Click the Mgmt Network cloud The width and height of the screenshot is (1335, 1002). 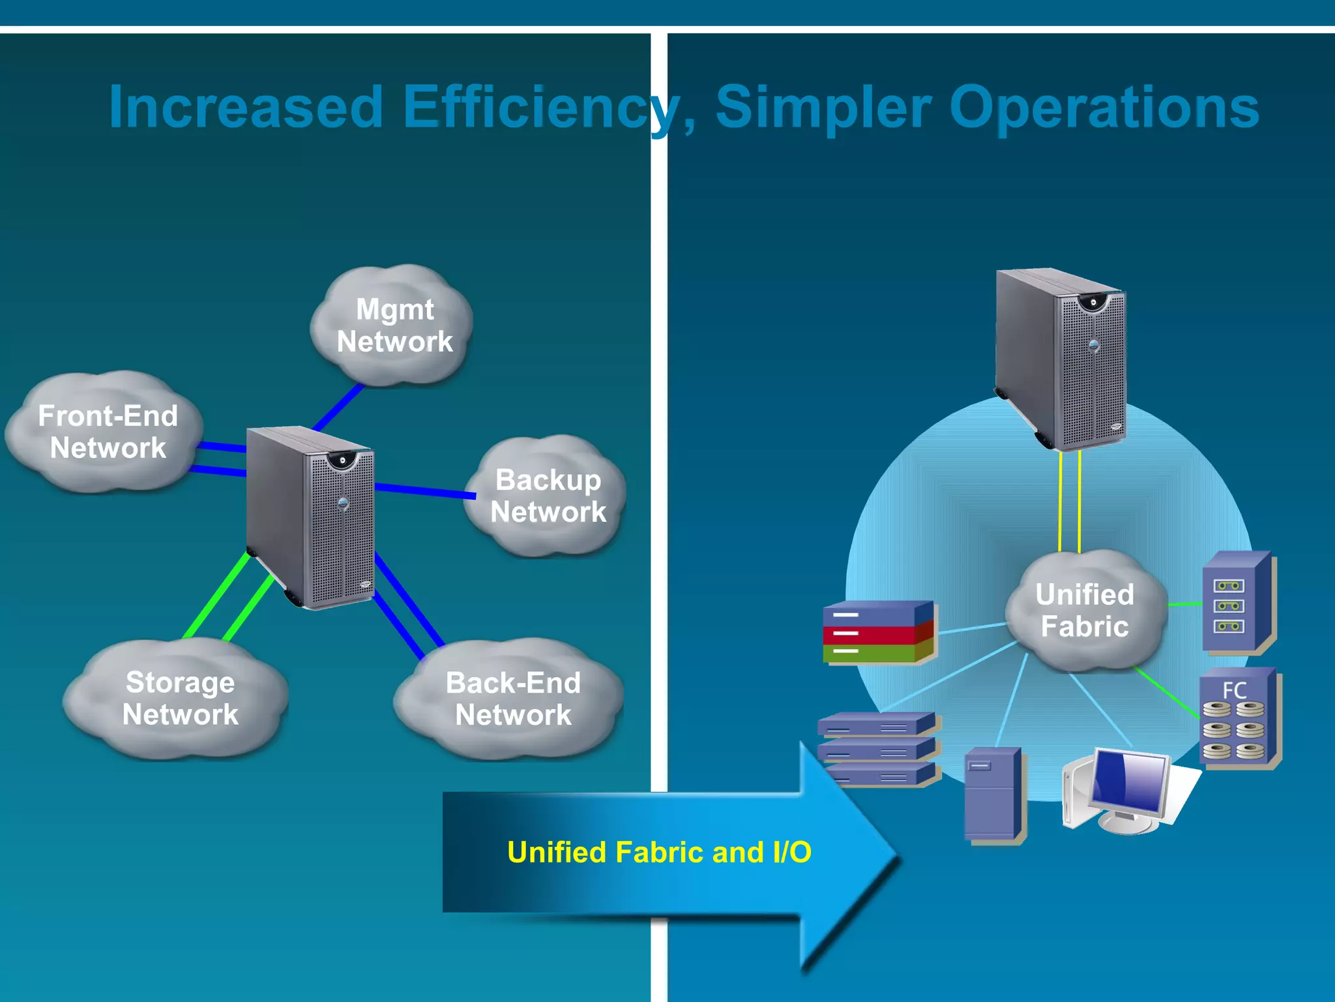coord(394,325)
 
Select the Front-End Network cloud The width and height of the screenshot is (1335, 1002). coord(107,432)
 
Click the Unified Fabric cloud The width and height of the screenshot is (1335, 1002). coord(1085,611)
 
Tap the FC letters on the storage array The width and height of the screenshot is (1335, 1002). coord(1234,690)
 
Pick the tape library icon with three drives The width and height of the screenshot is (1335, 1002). coord(1237,604)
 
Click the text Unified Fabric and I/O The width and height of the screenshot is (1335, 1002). coord(659,852)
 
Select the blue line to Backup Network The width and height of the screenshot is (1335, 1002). coord(425,491)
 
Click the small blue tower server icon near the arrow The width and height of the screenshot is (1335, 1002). coord(993,795)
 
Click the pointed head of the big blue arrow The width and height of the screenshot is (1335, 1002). coord(854,855)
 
